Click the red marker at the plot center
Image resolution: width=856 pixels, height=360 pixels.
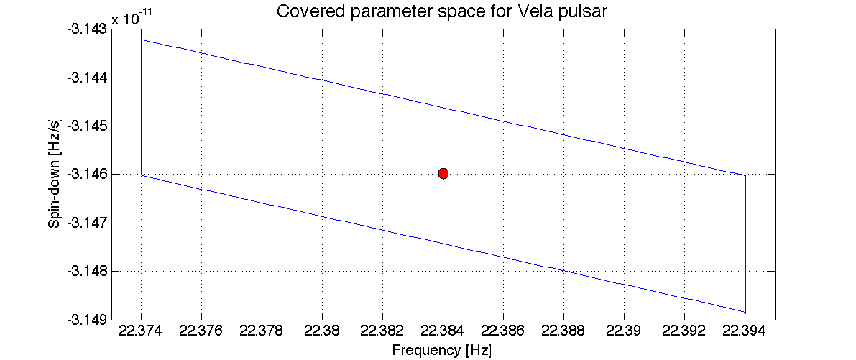[x=443, y=174]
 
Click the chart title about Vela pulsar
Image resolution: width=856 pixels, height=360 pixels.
[x=443, y=12]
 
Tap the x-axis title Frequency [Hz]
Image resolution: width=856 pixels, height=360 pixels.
[x=441, y=350]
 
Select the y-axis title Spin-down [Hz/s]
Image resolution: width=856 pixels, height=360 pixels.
[x=54, y=174]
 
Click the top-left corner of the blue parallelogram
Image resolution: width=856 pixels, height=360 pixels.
[x=142, y=40]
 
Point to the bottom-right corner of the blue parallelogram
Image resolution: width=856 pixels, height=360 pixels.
[x=745, y=312]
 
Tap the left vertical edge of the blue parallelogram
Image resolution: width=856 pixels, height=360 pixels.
[x=142, y=108]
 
